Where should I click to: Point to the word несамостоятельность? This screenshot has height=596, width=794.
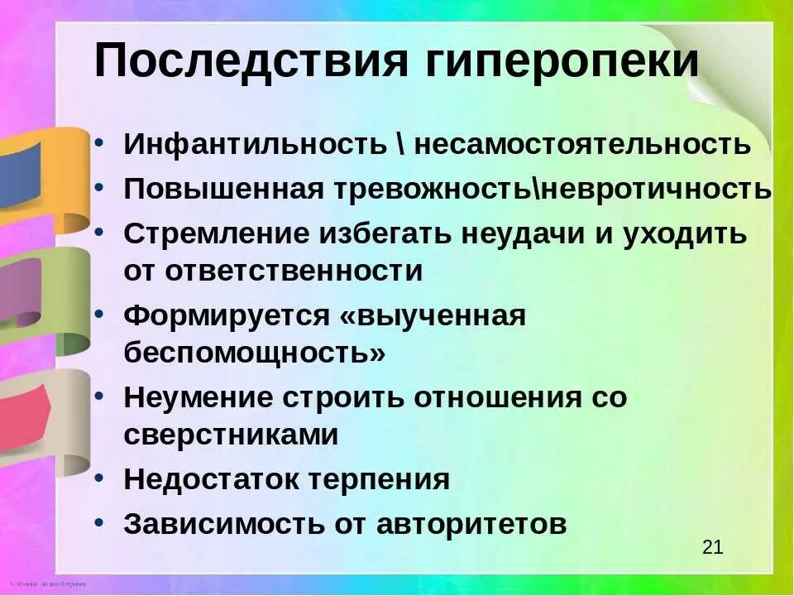tap(582, 144)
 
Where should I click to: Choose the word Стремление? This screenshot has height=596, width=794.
tap(214, 233)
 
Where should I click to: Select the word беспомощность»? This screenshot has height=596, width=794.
tap(255, 353)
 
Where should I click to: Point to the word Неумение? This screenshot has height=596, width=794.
tap(198, 397)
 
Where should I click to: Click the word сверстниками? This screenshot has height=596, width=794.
tap(231, 435)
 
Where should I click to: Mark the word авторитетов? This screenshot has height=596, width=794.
tap(471, 524)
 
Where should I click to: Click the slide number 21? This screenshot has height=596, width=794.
tap(712, 546)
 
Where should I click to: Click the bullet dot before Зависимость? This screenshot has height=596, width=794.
tap(99, 523)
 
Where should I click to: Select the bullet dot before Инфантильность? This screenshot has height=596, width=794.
tap(99, 142)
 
